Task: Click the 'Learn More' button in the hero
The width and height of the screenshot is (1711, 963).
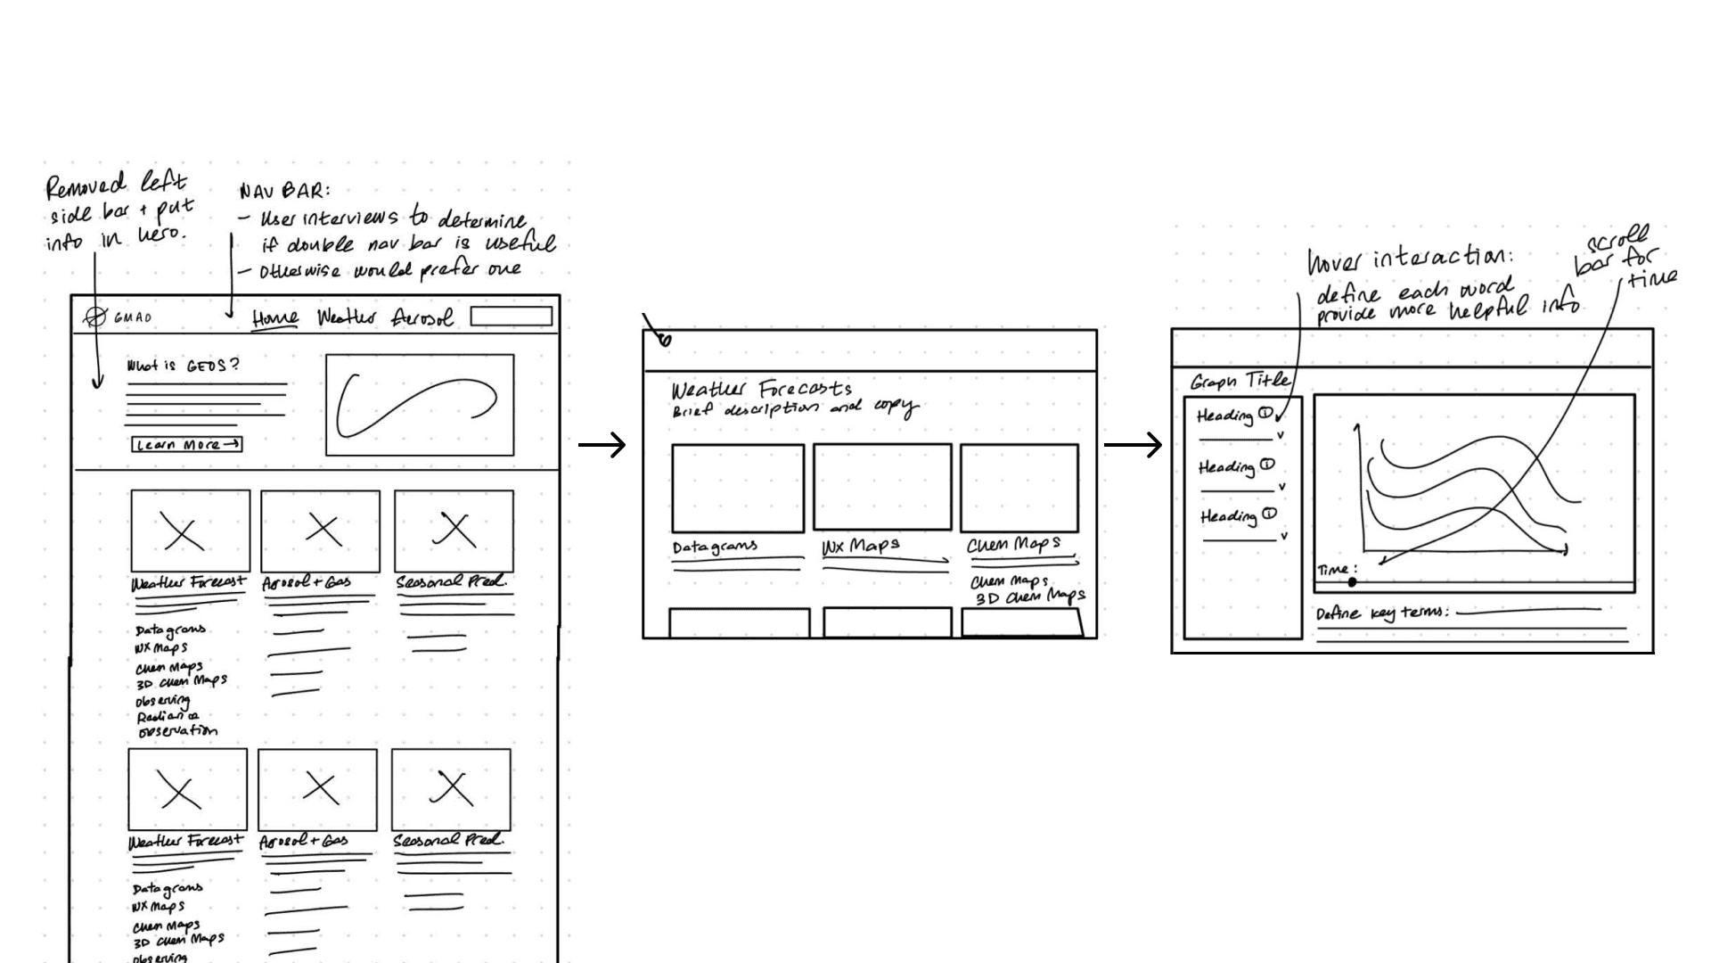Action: [x=187, y=444]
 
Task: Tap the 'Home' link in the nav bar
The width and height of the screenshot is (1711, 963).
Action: [x=274, y=318]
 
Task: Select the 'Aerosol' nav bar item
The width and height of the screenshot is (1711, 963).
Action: [x=422, y=317]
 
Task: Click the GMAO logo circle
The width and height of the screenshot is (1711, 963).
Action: [x=94, y=317]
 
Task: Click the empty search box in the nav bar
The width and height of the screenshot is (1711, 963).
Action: [x=511, y=317]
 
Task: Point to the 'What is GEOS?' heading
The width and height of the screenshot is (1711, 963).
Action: [x=183, y=366]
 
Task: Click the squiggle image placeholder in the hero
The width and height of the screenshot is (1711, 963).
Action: [x=420, y=405]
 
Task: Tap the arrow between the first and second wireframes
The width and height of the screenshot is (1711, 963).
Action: [x=602, y=444]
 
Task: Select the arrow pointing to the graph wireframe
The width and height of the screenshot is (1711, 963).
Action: [x=1133, y=444]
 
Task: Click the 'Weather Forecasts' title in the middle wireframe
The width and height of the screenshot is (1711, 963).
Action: [x=761, y=390]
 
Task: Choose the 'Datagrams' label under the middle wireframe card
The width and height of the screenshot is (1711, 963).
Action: [x=715, y=547]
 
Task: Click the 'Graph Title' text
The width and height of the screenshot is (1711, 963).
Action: [x=1240, y=382]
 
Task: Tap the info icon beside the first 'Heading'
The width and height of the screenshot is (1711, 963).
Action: [x=1265, y=413]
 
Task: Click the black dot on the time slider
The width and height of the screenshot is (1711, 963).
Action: [x=1352, y=582]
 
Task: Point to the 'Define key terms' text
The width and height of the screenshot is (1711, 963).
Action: [x=1381, y=613]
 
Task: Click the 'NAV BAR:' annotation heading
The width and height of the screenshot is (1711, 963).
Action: [x=283, y=191]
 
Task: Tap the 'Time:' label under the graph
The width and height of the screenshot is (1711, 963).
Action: [x=1337, y=570]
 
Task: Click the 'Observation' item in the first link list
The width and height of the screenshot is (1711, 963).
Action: [x=177, y=731]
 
